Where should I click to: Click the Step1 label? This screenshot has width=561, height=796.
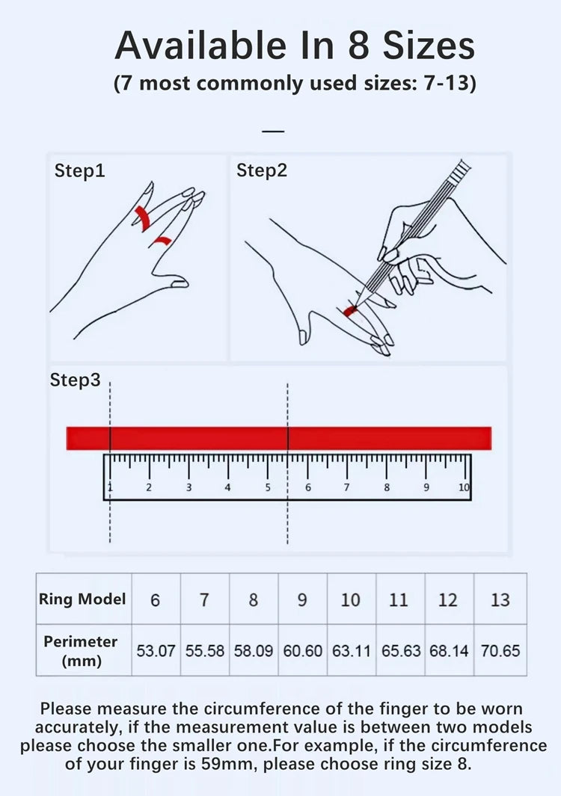[80, 170]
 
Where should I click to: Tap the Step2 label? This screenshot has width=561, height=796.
[262, 170]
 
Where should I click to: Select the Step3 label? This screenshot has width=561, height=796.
[76, 380]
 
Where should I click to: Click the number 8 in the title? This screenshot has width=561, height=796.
[361, 46]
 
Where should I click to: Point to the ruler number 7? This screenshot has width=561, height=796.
[346, 487]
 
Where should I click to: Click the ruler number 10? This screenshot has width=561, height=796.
[464, 487]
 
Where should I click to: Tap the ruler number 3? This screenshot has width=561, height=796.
[188, 487]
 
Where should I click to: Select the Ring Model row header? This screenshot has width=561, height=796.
[82, 599]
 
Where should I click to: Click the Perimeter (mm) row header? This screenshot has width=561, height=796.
[82, 651]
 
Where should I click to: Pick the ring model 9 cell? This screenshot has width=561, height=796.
[302, 599]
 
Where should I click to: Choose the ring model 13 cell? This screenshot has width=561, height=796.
[500, 599]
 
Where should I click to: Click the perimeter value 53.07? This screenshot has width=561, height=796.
[156, 651]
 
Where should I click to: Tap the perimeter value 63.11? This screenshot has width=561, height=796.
[352, 651]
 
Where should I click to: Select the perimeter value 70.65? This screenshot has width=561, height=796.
[500, 651]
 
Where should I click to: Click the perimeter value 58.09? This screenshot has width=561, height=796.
[254, 651]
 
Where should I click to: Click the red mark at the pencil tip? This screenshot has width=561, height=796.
[349, 311]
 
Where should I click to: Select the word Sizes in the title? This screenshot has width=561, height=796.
[429, 46]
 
